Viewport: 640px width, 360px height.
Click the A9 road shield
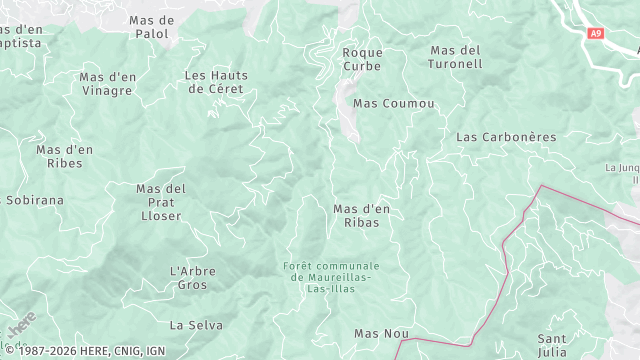pyautogui.click(x=596, y=34)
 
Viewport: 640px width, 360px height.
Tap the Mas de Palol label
pyautogui.click(x=152, y=27)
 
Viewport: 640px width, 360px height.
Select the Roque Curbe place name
pyautogui.click(x=362, y=59)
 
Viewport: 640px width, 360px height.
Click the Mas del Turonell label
pyautogui.click(x=456, y=57)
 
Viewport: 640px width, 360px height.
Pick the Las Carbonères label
pyautogui.click(x=506, y=136)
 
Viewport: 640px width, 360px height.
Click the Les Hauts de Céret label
pyautogui.click(x=215, y=81)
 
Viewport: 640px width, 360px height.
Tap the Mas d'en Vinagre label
pyautogui.click(x=107, y=83)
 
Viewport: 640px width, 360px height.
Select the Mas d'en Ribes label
pyautogui.click(x=65, y=156)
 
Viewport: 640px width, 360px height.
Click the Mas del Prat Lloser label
pyautogui.click(x=161, y=202)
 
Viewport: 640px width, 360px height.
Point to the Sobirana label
pyautogui.click(x=34, y=200)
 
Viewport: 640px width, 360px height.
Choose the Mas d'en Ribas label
pyautogui.click(x=361, y=215)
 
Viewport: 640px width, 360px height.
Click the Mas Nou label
pyautogui.click(x=382, y=333)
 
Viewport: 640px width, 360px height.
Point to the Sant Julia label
pyautogui.click(x=552, y=345)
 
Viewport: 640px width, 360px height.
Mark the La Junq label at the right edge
pyautogui.click(x=621, y=174)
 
